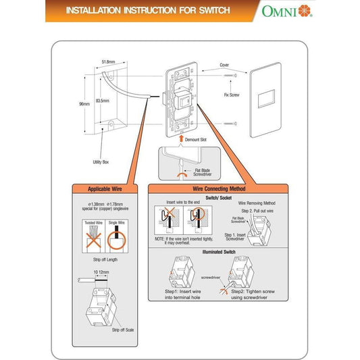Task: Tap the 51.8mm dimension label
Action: tap(109, 61)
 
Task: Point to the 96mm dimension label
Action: tap(85, 104)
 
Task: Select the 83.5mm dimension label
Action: tap(103, 101)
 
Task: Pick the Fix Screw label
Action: tap(231, 95)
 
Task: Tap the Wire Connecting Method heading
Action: tap(218, 188)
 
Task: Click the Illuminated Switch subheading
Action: tap(218, 252)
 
